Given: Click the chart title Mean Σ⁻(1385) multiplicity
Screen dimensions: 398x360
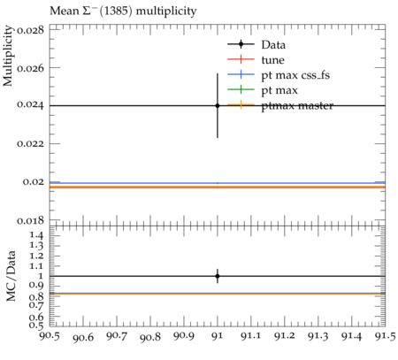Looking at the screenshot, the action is click(123, 11).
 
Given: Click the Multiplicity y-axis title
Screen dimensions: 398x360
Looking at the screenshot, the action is click(8, 56).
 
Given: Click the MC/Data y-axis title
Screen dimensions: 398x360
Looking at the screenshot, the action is click(11, 276).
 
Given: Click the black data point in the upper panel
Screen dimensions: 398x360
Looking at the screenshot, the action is click(218, 105).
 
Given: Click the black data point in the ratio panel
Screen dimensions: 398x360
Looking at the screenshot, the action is click(218, 276).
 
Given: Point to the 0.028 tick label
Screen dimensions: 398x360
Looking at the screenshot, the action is click(31, 30).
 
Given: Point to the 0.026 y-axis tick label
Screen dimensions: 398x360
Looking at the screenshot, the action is click(31, 68).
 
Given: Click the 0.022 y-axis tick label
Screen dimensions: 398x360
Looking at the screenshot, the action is click(31, 144).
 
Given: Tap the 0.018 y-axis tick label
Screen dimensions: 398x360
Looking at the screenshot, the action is click(31, 220).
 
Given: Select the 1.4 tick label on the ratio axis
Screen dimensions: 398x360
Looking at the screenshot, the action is click(36, 235).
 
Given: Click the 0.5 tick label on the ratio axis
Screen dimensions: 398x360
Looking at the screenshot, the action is click(36, 326).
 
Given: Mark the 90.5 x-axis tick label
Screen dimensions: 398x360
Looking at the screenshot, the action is click(50, 336).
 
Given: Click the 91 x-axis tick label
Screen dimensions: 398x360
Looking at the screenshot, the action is click(218, 336).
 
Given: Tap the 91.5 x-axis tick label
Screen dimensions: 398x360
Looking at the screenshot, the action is click(386, 336).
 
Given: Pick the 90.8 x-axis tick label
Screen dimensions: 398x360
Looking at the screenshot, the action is click(150, 337).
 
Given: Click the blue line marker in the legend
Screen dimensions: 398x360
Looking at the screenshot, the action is click(241, 74).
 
